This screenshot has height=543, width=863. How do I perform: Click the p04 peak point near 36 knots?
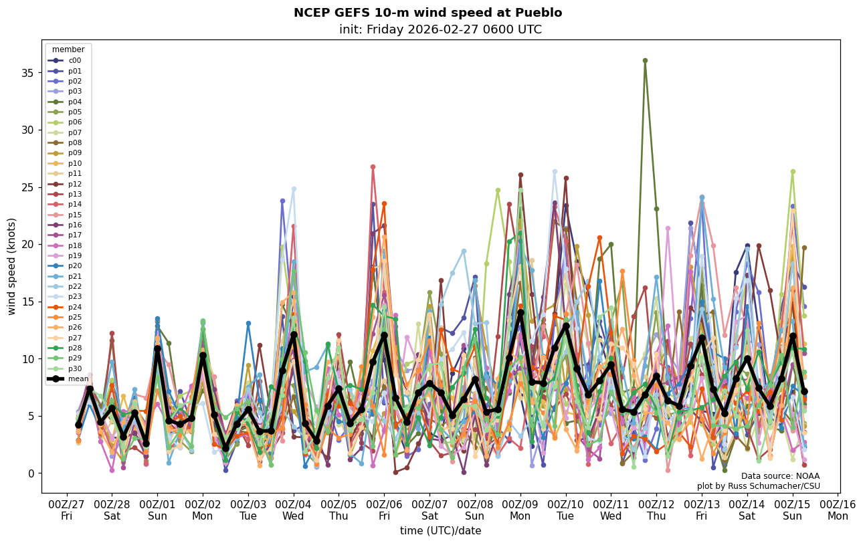coord(645,60)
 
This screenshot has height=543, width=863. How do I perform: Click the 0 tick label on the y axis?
coord(31,473)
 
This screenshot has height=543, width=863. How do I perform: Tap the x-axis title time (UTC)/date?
coord(440,531)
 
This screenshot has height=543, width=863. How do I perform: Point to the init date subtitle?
coord(440,29)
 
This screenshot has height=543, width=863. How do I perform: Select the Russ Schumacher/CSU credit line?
coord(759,486)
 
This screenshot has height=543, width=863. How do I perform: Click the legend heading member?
coord(68,49)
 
